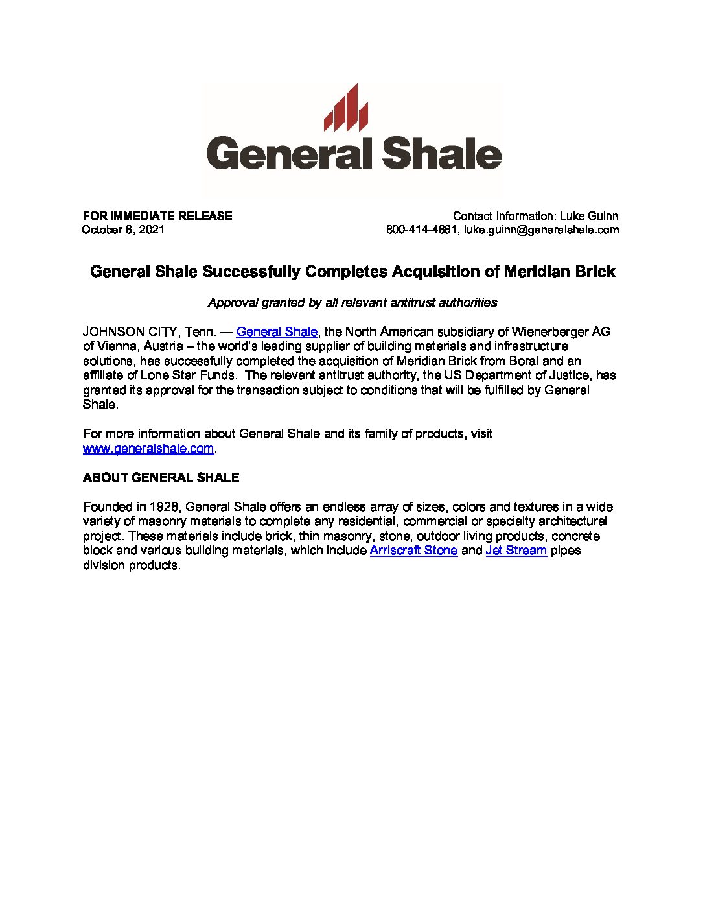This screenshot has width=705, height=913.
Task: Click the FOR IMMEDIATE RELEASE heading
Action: (x=157, y=216)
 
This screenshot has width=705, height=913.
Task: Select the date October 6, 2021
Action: (x=123, y=230)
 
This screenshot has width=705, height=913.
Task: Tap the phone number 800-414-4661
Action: (x=422, y=230)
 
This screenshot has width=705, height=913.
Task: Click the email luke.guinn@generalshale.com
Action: (x=541, y=230)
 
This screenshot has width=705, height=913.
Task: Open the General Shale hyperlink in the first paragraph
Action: (x=277, y=331)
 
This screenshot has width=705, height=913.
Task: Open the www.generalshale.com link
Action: (x=148, y=448)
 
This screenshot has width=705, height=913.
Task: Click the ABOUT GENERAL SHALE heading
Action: (x=161, y=477)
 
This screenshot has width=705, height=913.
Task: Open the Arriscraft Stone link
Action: (x=413, y=551)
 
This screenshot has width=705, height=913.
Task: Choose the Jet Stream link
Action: (x=516, y=551)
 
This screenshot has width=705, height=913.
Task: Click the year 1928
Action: (x=165, y=506)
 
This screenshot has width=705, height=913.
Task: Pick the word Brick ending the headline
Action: (x=595, y=271)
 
